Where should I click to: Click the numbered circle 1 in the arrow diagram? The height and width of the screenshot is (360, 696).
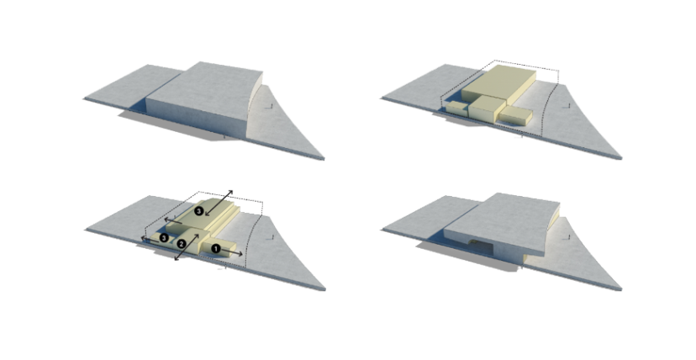pos(216,248)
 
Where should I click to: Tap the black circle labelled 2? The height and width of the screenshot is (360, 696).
pos(181,244)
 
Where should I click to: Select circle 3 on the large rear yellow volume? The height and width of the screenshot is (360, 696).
pos(198,211)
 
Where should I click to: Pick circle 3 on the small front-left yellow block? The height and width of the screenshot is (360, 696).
pos(164,238)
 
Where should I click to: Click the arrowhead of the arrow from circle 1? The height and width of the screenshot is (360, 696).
pos(243,252)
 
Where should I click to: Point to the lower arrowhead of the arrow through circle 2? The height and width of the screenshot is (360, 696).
pos(175,261)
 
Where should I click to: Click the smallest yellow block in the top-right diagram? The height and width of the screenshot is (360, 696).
pos(455,106)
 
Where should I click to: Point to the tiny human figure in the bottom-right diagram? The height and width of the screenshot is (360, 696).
pos(571,236)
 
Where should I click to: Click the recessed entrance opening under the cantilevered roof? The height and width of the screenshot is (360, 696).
pos(478,244)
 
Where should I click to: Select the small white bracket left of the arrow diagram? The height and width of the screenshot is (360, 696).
pos(79,224)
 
